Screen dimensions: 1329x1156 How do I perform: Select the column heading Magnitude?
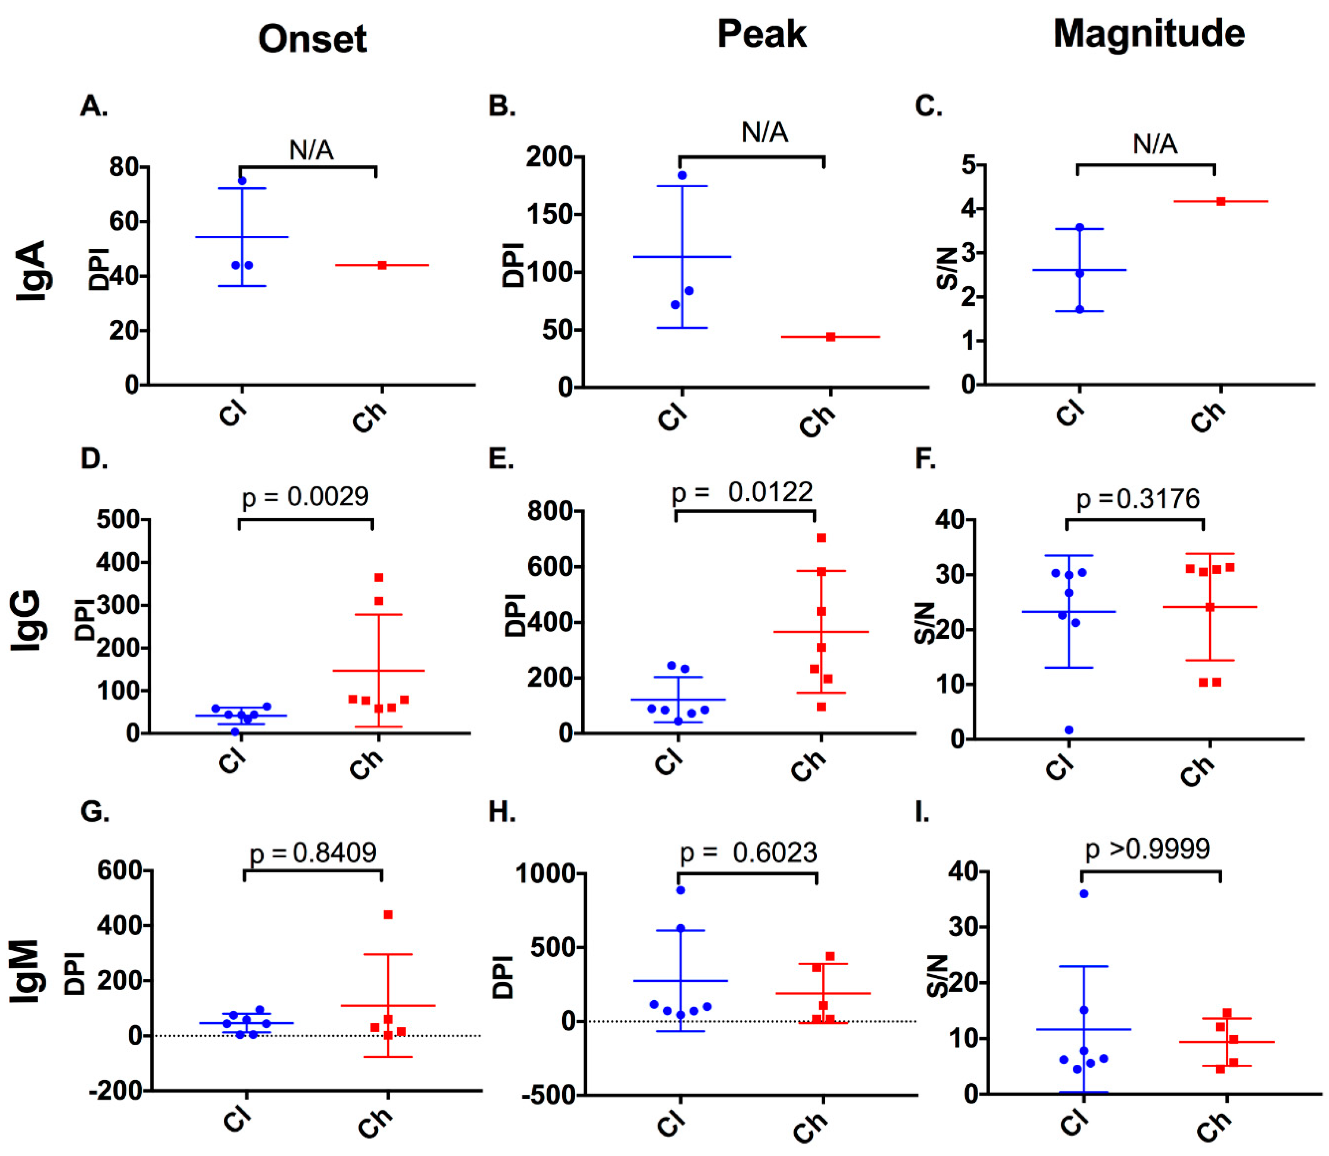coord(1149,34)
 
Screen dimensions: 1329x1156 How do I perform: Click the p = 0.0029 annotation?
coord(305,497)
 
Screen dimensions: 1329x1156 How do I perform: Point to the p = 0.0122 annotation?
coord(743,493)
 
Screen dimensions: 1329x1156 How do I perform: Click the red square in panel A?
coord(382,265)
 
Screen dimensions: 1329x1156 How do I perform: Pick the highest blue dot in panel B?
coord(682,176)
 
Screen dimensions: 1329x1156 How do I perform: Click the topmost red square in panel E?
coord(821,538)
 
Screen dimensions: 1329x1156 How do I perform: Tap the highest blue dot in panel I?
coord(1084,894)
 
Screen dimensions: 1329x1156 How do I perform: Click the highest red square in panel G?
coord(388,915)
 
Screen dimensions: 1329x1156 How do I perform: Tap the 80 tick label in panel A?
coord(125,168)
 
